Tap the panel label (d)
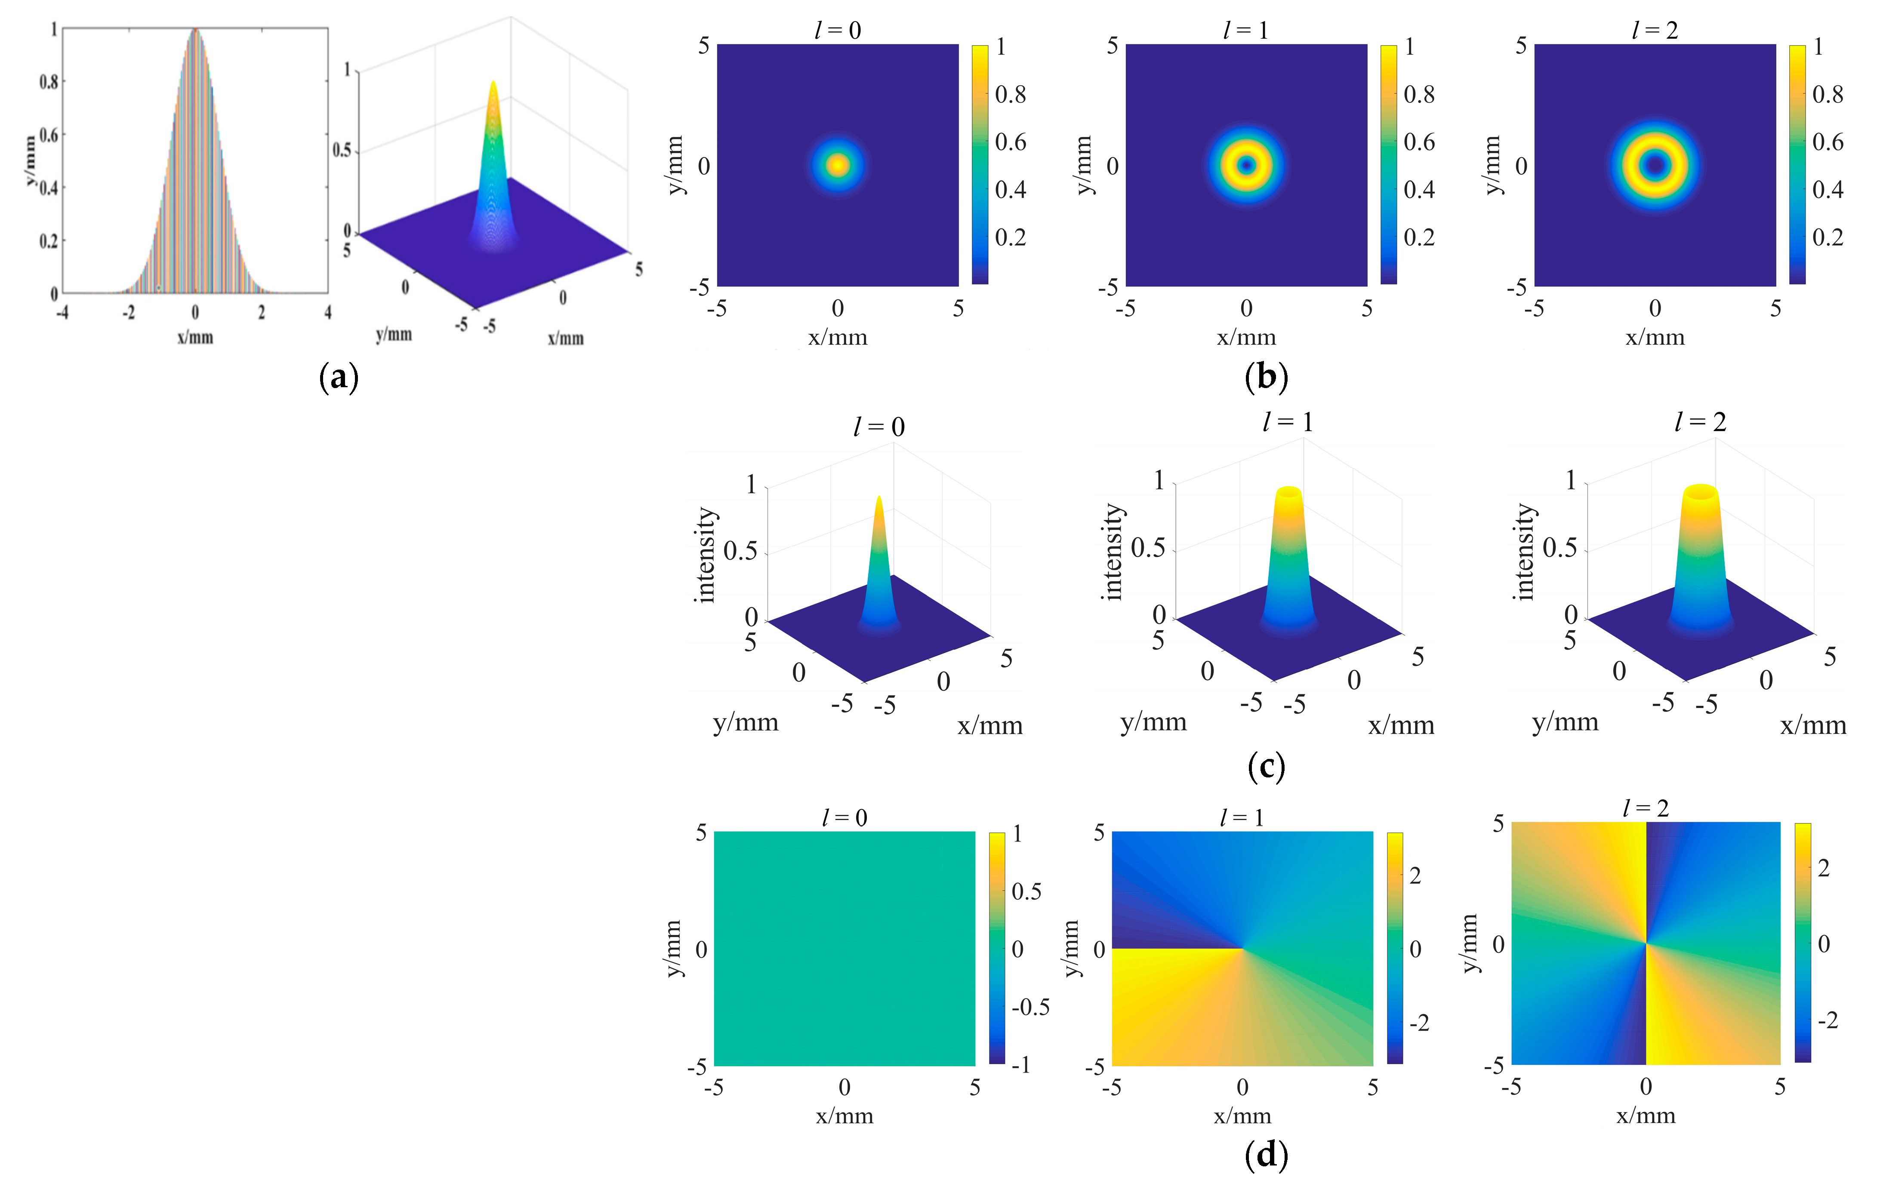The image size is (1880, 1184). click(1266, 1154)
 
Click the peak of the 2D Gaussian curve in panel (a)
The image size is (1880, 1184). click(195, 30)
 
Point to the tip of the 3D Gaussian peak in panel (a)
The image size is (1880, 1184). click(493, 82)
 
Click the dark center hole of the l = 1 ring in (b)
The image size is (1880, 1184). click(1247, 165)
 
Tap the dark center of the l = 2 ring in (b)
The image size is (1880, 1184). click(1655, 165)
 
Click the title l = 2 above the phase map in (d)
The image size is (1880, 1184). click(1645, 808)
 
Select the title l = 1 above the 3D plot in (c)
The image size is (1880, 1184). click(1288, 422)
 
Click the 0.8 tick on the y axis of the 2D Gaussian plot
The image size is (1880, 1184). click(49, 81)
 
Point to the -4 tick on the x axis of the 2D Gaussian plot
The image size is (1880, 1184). click(62, 312)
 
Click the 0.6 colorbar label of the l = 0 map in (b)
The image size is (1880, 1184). click(1010, 142)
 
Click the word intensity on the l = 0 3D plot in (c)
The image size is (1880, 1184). click(705, 555)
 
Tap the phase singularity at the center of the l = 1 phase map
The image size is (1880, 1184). click(1242, 949)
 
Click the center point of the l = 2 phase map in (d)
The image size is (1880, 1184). click(1646, 943)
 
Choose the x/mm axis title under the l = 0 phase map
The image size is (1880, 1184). click(845, 1115)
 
